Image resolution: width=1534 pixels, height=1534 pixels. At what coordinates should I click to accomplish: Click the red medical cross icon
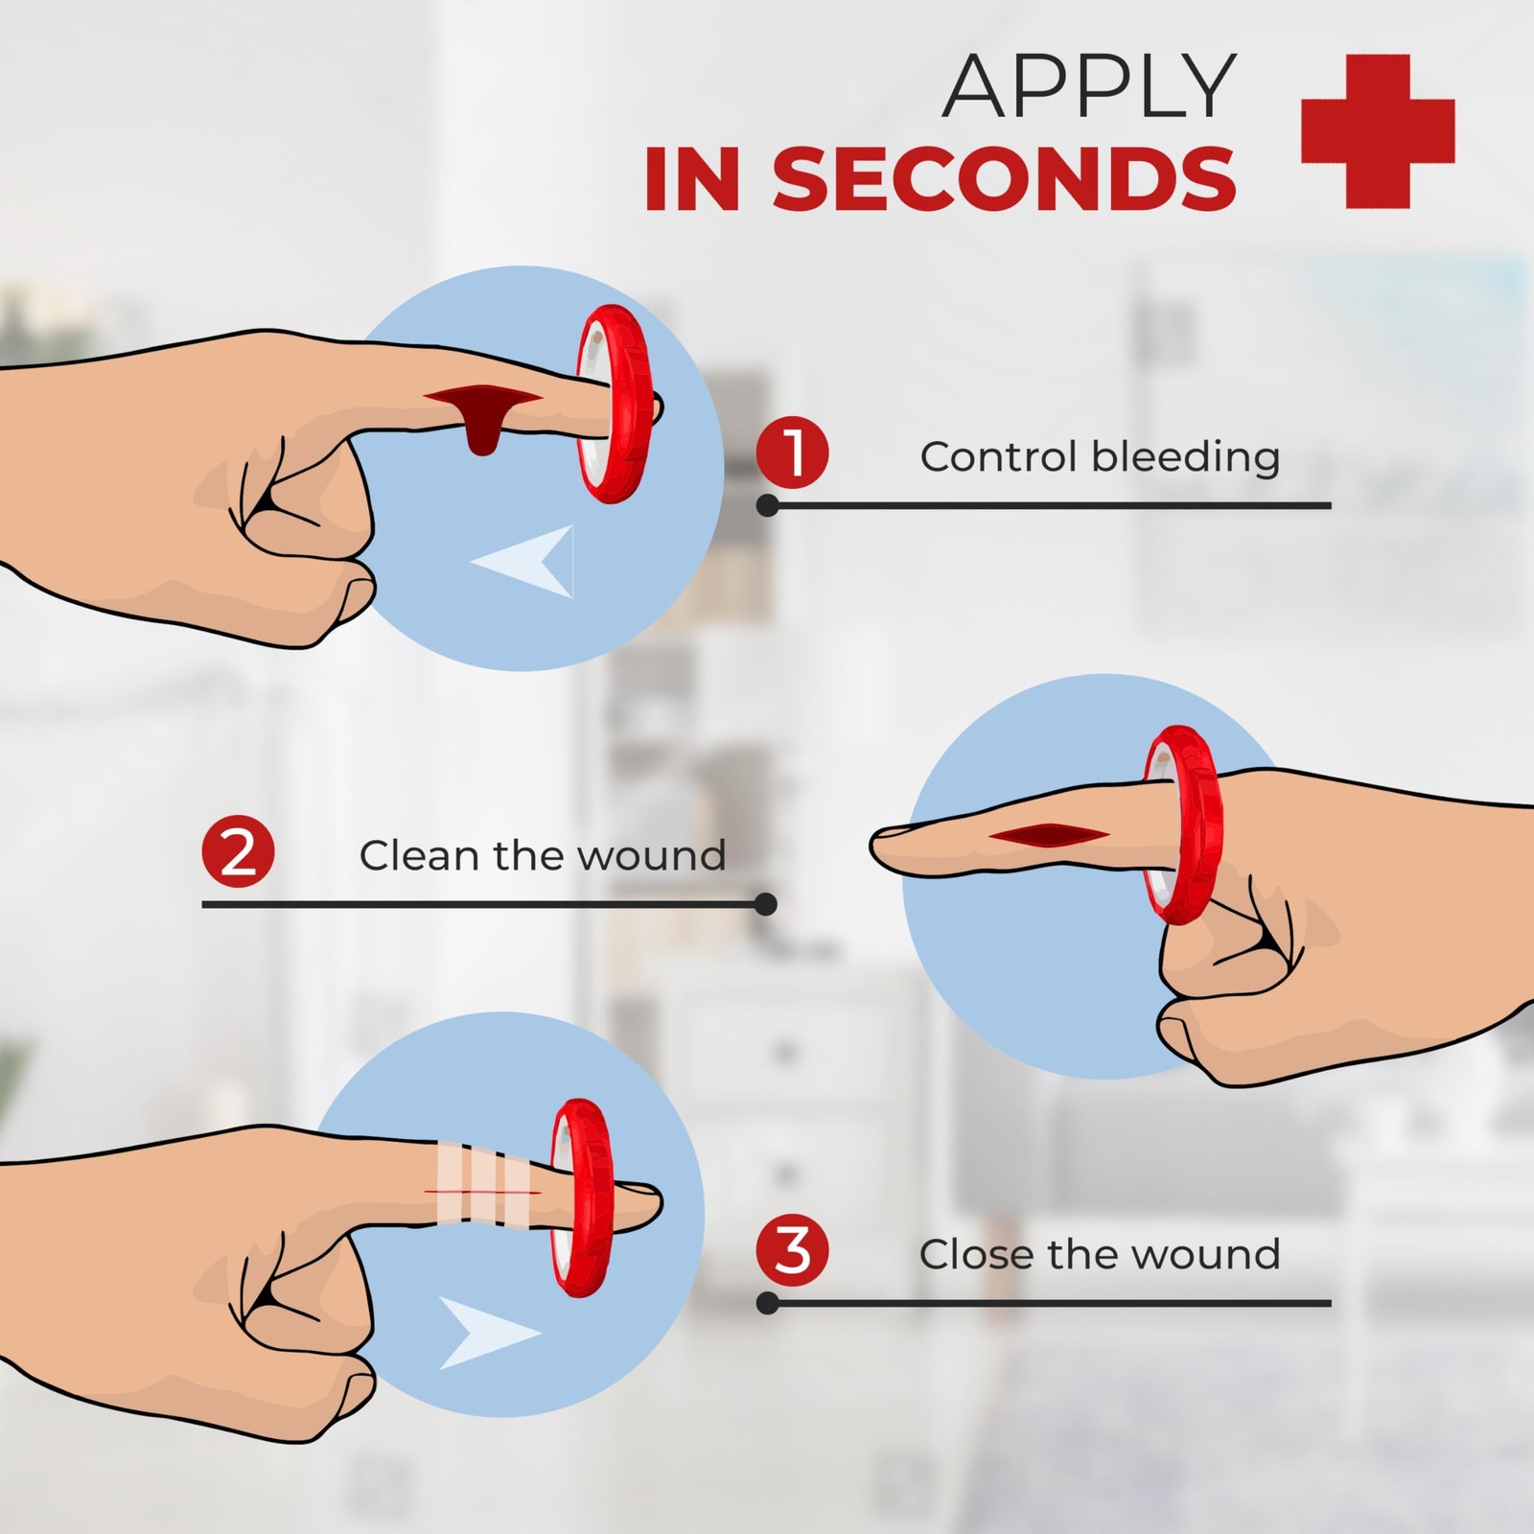tap(1378, 131)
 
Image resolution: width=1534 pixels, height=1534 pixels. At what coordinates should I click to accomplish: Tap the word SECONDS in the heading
tap(1005, 179)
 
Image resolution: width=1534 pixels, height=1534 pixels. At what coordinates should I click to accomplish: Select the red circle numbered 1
tap(793, 453)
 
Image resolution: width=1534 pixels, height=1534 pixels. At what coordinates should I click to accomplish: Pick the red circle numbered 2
tap(238, 851)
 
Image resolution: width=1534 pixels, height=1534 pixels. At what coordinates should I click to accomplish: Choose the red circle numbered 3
tap(793, 1250)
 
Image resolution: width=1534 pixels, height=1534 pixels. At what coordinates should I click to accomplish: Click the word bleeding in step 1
tap(1186, 458)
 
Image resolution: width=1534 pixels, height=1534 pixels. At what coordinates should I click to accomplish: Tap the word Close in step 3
tap(975, 1254)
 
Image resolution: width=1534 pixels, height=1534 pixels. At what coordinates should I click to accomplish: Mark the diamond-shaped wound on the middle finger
tap(1049, 836)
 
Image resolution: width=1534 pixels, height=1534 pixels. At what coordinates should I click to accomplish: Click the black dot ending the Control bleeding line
tap(767, 505)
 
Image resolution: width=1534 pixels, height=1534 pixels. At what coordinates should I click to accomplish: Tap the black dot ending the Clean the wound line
tap(765, 904)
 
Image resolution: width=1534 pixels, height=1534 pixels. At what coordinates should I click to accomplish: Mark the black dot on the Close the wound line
tap(767, 1303)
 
